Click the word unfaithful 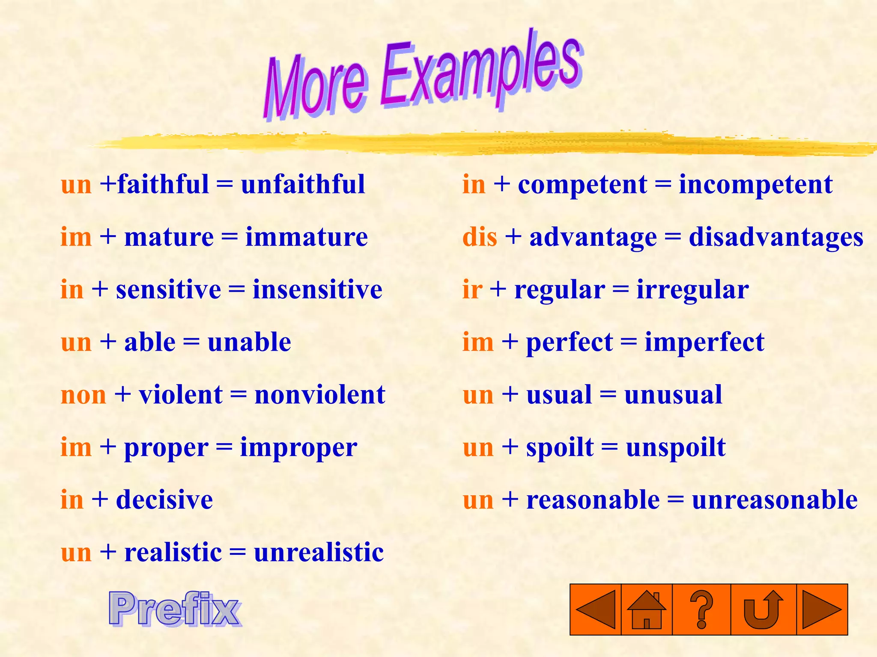click(303, 184)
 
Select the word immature click(306, 237)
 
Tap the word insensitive click(317, 290)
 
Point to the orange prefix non click(84, 395)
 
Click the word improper click(298, 448)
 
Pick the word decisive click(164, 500)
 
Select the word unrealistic click(319, 552)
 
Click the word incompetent click(756, 184)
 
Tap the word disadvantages click(776, 237)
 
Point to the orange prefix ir click(472, 290)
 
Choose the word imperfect click(704, 343)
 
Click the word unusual click(673, 395)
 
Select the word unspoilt click(676, 448)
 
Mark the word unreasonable click(775, 500)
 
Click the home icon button click(647, 610)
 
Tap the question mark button click(701, 610)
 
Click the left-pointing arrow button click(596, 610)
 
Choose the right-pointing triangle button click(822, 610)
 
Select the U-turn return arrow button click(763, 610)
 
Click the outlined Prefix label click(175, 609)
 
